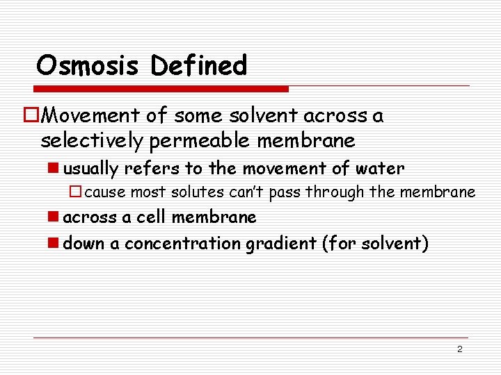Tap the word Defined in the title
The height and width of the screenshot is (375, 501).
(x=198, y=66)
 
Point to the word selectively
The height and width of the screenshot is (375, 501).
(x=91, y=141)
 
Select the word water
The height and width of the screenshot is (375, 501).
(x=379, y=169)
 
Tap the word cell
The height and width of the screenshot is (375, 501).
(x=151, y=217)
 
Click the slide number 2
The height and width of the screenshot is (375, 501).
(x=459, y=349)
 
